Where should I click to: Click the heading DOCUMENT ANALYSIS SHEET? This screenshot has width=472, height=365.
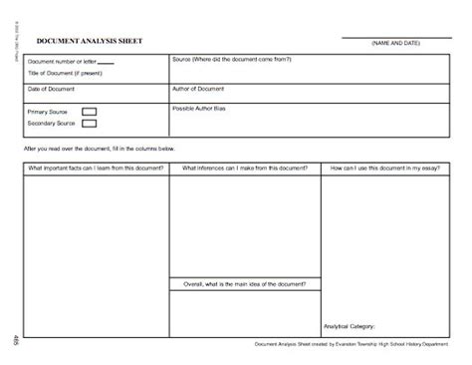[90, 42]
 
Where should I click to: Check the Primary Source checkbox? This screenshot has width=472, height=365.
[89, 112]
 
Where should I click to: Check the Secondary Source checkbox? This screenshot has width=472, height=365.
[89, 124]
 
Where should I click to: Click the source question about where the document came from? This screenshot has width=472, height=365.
[231, 60]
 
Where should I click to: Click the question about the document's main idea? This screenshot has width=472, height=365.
[244, 283]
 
